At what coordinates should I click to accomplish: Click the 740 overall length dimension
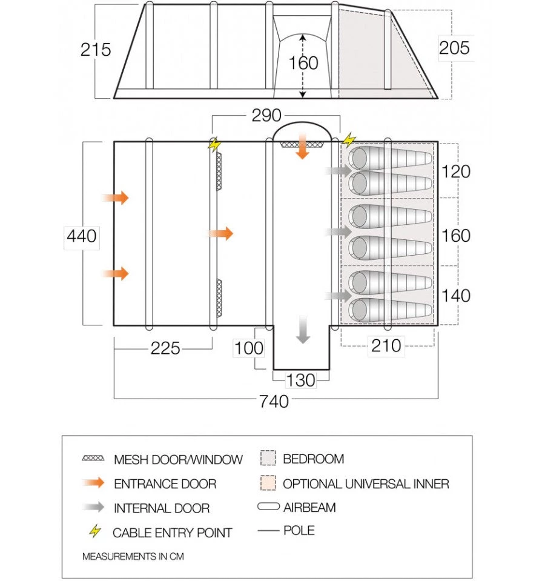coord(274,401)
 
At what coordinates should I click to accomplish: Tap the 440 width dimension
coord(82,236)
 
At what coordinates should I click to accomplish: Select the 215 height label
coord(96,50)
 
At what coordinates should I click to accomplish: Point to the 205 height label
coord(454,48)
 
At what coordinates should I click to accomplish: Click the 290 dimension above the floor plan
coord(266,115)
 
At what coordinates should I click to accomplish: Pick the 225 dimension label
coord(165,348)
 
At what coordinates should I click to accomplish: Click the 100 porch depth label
coord(249,348)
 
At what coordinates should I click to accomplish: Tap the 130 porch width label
coord(300,380)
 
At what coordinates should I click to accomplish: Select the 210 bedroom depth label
coord(386,346)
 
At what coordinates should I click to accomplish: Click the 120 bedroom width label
coord(456,171)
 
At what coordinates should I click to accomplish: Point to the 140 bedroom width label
coord(456,296)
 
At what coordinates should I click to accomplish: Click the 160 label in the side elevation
coord(303,63)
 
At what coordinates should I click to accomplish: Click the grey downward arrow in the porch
coord(303,330)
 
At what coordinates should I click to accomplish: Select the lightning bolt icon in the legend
coord(95,531)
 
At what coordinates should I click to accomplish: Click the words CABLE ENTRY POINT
coord(172,533)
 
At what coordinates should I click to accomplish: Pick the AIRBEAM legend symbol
coord(268,506)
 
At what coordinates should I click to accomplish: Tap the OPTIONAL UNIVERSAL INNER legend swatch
coord(268,483)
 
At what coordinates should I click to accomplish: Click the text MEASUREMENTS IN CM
coord(133,556)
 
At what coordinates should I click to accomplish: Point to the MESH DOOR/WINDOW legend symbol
coord(93,458)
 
